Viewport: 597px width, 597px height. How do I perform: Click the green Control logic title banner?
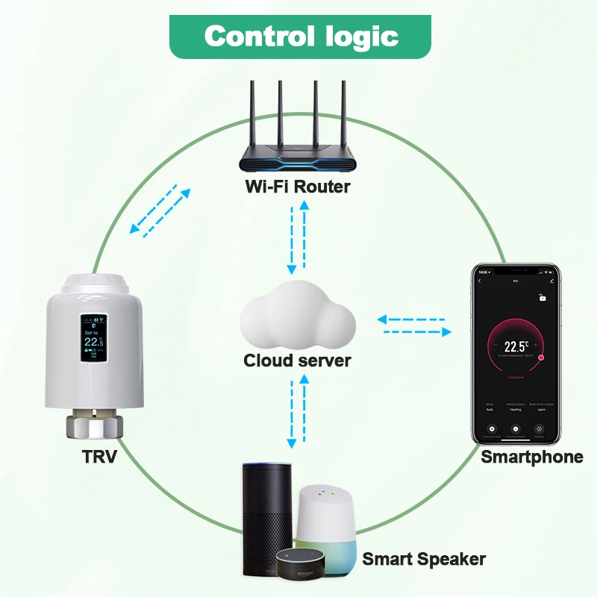(301, 36)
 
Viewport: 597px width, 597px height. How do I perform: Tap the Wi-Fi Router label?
(298, 187)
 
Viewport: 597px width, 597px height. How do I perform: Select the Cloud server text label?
(297, 360)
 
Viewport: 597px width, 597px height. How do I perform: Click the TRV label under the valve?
(99, 457)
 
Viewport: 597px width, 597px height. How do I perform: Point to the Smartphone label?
(531, 457)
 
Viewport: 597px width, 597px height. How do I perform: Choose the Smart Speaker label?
(424, 559)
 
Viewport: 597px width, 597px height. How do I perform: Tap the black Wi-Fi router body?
(298, 157)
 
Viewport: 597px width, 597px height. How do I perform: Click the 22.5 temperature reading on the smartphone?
(516, 346)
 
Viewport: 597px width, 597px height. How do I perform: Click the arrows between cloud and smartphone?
(414, 325)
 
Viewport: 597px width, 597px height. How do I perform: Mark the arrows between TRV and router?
(159, 210)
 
